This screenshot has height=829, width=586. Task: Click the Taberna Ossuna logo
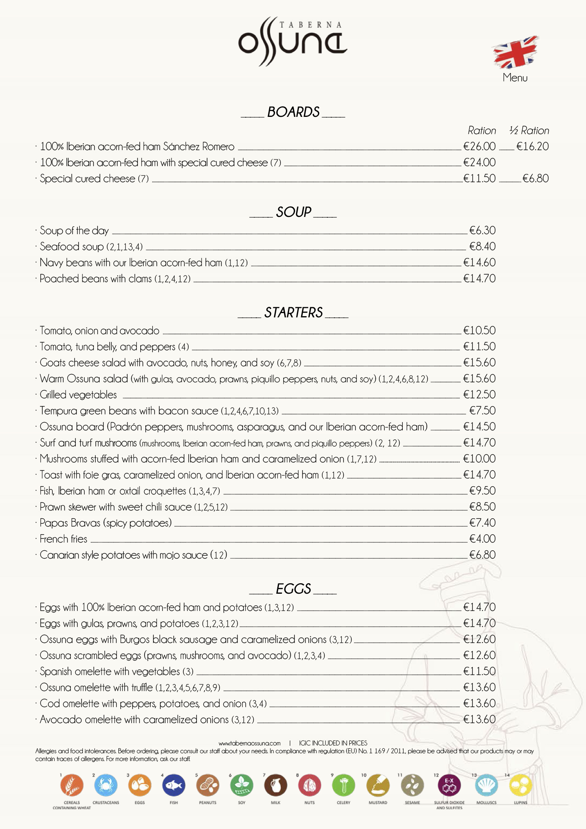tap(292, 41)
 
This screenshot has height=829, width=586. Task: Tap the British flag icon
tap(515, 52)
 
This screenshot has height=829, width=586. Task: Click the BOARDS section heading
tap(293, 112)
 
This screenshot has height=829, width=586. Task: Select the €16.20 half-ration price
tap(532, 147)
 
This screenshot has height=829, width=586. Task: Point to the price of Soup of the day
tap(482, 231)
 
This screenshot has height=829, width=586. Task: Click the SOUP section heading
tap(293, 212)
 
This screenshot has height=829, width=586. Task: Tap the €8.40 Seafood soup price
tap(482, 247)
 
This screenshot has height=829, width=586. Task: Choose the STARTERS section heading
tap(293, 313)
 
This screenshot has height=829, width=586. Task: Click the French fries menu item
tap(64, 539)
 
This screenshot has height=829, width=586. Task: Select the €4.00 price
tap(482, 539)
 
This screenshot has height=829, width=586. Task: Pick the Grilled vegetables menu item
tap(78, 395)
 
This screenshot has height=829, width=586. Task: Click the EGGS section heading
tap(293, 589)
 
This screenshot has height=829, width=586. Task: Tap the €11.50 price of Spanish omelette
tap(479, 671)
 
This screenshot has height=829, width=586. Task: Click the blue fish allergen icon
tap(173, 785)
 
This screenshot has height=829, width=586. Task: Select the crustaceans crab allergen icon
tap(105, 785)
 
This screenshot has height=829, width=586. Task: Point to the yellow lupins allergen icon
tap(520, 785)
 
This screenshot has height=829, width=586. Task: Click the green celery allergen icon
tap(343, 785)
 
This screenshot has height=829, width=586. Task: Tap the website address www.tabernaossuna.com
tap(250, 743)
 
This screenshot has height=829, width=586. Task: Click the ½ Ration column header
tap(529, 131)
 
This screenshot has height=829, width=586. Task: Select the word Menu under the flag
tap(515, 78)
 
